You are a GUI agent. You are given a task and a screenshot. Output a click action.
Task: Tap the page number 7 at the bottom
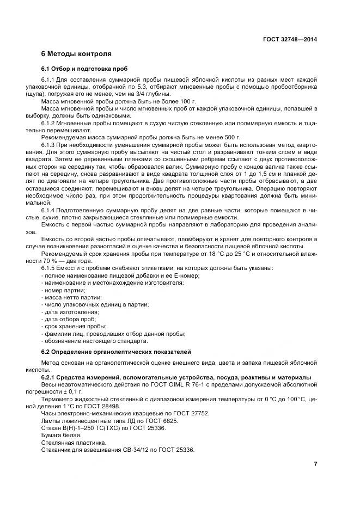315,464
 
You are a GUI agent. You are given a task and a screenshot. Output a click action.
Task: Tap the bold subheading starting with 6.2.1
176,377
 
